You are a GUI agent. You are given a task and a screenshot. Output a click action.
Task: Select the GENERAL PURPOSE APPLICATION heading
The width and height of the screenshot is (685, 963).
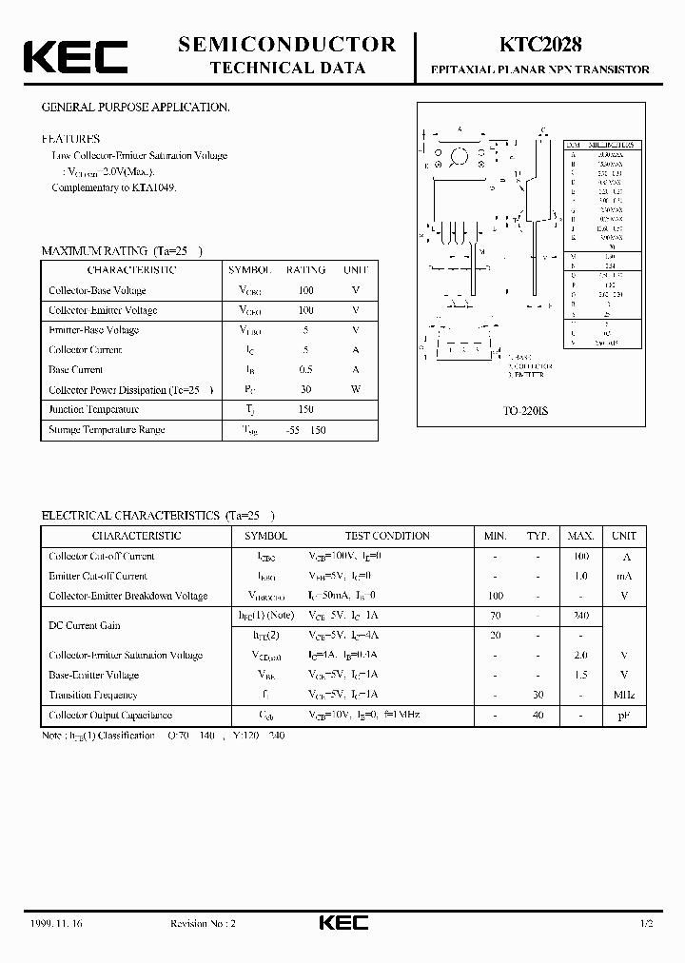point(135,108)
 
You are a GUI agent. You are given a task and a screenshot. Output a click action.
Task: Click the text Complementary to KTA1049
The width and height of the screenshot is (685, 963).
point(114,187)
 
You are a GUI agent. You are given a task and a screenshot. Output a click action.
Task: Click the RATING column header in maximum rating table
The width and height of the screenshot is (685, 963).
point(306,270)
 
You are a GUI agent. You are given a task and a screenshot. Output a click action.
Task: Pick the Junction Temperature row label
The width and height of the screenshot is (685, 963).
point(92,409)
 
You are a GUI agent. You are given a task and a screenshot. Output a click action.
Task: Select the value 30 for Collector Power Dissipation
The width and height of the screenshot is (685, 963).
point(306,389)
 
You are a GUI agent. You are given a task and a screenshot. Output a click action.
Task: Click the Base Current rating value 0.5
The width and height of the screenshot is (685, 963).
point(306,369)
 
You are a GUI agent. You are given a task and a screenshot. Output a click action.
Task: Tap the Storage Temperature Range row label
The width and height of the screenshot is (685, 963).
point(107,429)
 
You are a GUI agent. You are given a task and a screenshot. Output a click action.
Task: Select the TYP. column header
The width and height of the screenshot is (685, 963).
point(539,536)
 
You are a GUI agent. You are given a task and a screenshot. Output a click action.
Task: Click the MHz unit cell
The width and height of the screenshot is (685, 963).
point(624,695)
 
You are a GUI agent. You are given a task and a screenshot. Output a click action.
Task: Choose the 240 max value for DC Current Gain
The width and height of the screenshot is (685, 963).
point(581,616)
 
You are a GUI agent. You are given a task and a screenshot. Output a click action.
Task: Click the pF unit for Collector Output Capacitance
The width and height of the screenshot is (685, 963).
point(624,715)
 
